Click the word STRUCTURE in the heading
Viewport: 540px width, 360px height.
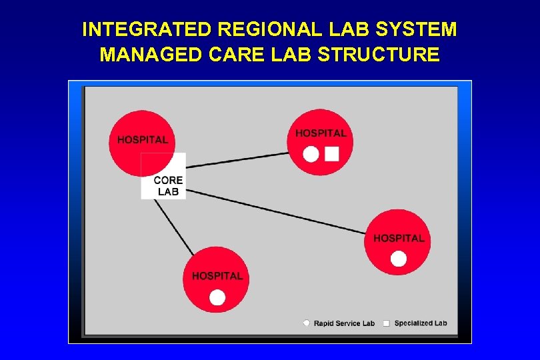click(x=379, y=55)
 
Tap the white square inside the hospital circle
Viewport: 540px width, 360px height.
click(x=332, y=154)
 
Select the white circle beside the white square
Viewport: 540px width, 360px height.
click(x=311, y=155)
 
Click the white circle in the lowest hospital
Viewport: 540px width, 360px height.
click(x=217, y=297)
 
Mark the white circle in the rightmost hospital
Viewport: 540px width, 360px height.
click(x=399, y=259)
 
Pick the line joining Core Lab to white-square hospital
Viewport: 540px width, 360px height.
click(x=237, y=159)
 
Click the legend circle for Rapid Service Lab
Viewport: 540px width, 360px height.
click(x=307, y=323)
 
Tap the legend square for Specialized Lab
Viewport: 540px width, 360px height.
click(x=386, y=323)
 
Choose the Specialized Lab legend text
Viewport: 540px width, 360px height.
click(x=421, y=323)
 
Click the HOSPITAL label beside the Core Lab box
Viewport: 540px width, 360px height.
click(x=143, y=139)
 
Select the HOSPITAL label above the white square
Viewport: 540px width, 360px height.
click(x=321, y=133)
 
